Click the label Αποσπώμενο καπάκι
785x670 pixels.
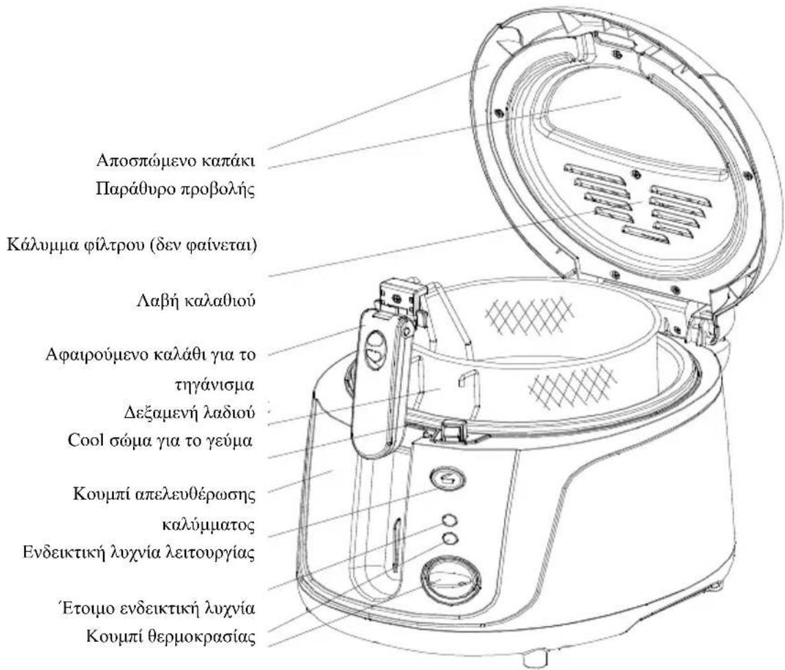click(176, 161)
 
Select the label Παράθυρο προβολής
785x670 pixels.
click(175, 189)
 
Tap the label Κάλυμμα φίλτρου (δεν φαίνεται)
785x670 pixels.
click(132, 246)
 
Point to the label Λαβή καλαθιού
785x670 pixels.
click(196, 301)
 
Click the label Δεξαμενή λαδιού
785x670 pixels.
click(190, 413)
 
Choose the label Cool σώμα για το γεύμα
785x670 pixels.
click(160, 441)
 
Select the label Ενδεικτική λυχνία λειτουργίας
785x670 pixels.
click(139, 553)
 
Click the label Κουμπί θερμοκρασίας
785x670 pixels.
click(171, 636)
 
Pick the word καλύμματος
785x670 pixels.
click(209, 525)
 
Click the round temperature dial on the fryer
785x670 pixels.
click(451, 580)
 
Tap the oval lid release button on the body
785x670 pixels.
click(447, 479)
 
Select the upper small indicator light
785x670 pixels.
click(450, 520)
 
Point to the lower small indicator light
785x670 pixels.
click(450, 538)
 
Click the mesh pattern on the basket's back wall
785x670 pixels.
click(530, 314)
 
